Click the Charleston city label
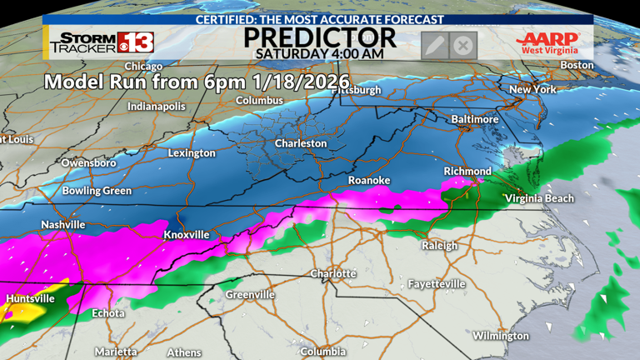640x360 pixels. click(x=301, y=143)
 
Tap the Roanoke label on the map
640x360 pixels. click(x=368, y=180)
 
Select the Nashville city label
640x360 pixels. click(x=63, y=225)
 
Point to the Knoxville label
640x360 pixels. click(x=186, y=235)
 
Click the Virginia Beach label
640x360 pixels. click(x=539, y=198)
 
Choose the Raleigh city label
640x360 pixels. click(x=439, y=246)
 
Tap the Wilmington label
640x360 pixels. click(x=501, y=336)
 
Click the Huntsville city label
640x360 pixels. click(x=30, y=298)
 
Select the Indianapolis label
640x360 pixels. click(x=156, y=107)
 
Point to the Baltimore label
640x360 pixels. click(x=474, y=119)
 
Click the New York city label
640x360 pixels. click(x=532, y=89)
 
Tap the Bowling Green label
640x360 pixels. click(x=97, y=191)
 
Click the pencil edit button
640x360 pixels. click(x=434, y=45)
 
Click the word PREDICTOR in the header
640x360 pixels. click(x=319, y=36)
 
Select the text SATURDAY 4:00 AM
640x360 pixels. click(x=319, y=53)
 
